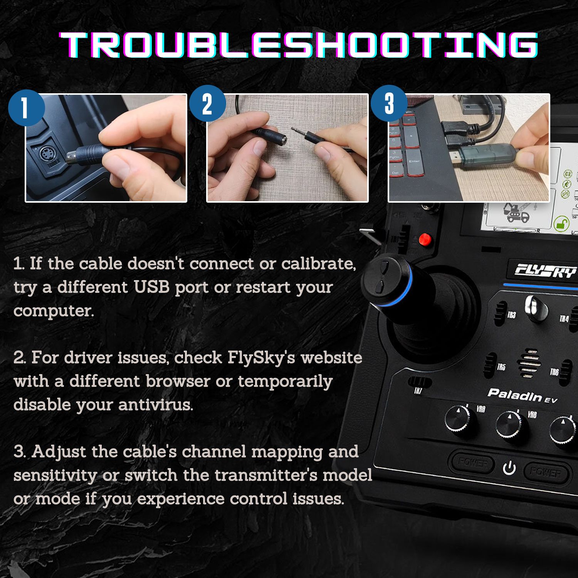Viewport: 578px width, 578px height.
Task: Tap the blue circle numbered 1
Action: tap(26, 108)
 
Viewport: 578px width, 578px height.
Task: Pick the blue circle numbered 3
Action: tap(389, 103)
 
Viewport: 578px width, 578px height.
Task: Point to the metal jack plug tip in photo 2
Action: tap(299, 131)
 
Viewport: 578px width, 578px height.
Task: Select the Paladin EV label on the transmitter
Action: tap(522, 395)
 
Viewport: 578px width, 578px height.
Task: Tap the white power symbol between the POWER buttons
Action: tap(509, 468)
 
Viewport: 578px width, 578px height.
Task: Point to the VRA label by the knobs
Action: tap(481, 409)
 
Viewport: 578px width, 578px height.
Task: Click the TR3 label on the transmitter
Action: tap(511, 315)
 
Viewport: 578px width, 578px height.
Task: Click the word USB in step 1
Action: tap(151, 287)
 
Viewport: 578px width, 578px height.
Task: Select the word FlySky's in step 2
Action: tap(261, 358)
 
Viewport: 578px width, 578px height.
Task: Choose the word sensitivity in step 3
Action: tap(55, 475)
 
